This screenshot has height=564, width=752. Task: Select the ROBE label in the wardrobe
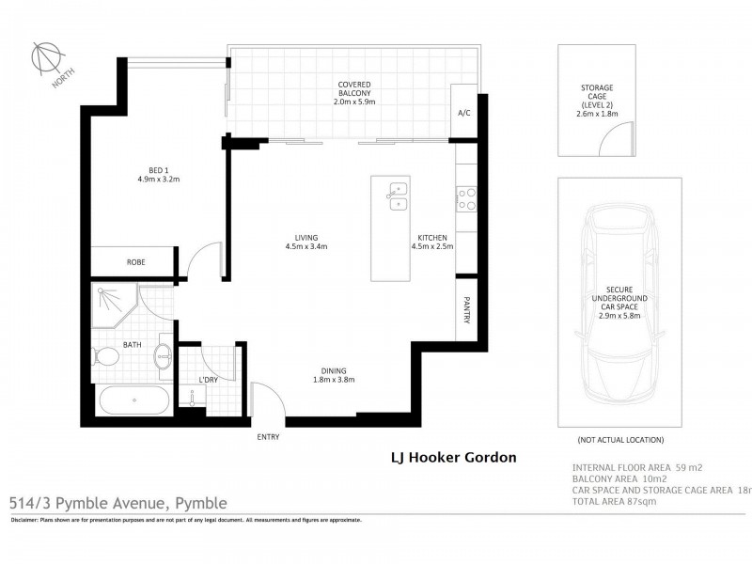point(137,263)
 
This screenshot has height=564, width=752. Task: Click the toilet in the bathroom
point(106,357)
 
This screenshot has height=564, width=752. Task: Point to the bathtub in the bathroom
point(133,399)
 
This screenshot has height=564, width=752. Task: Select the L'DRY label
point(209,380)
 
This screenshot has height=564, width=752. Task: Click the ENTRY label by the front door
point(268,437)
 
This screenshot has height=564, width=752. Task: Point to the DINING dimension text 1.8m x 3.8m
point(333,380)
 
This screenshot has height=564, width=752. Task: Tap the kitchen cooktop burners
point(466,197)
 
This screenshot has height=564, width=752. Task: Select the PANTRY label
point(466,312)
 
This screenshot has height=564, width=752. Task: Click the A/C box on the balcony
point(463,113)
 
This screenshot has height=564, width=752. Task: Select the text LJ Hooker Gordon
point(453,459)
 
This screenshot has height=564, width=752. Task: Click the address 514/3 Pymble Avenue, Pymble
point(118,503)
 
